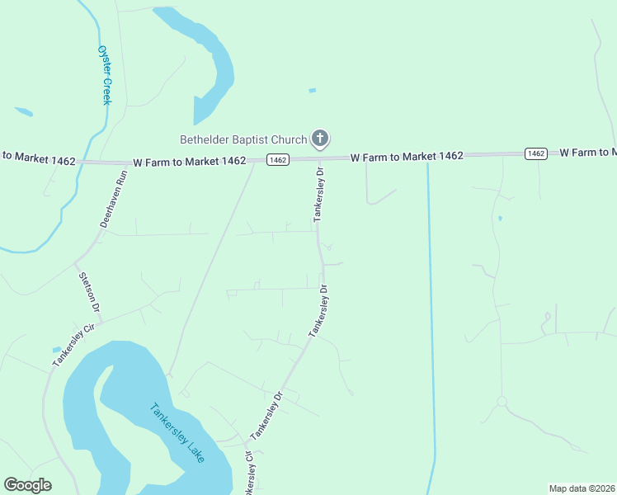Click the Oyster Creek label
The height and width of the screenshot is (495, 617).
(x=104, y=74)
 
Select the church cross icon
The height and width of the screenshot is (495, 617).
(x=320, y=139)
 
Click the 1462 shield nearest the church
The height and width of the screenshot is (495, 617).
(x=278, y=160)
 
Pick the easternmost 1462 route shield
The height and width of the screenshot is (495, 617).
(x=536, y=153)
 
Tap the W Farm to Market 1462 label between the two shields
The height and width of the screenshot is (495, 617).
(x=406, y=156)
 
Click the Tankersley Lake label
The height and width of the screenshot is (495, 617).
(x=177, y=432)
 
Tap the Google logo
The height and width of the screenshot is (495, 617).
(x=27, y=485)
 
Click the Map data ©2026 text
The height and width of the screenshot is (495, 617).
(x=582, y=488)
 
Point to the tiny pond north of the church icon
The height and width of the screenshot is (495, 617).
(x=312, y=90)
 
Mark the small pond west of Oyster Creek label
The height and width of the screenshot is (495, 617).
(x=23, y=111)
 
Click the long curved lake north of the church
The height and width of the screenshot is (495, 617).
(x=210, y=62)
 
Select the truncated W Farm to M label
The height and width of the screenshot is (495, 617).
(x=588, y=153)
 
